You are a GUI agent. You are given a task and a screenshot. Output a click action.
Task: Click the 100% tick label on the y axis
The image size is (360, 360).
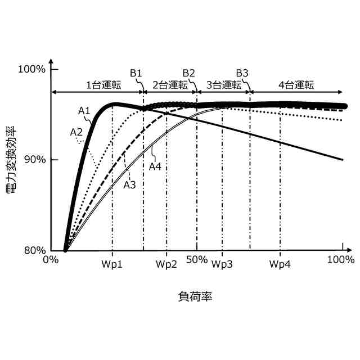click(x=31, y=69)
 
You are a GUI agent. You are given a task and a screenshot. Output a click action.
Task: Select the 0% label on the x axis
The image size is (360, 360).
click(x=51, y=260)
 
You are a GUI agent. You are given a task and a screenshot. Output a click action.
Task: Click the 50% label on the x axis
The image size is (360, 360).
click(x=196, y=260)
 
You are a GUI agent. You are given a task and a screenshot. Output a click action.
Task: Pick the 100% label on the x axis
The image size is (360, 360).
click(x=340, y=260)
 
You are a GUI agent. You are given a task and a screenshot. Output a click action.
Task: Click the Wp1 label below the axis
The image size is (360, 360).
click(x=112, y=263)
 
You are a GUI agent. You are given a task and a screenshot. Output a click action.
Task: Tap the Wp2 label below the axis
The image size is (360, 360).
click(x=166, y=263)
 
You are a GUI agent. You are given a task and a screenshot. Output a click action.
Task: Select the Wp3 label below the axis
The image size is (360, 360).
click(x=222, y=263)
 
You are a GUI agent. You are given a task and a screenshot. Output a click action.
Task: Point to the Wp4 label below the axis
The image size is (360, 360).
click(x=280, y=263)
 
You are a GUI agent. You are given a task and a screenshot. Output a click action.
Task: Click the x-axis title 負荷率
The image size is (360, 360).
click(x=195, y=295)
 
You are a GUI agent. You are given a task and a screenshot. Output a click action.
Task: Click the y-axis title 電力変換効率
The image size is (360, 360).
click(x=11, y=160)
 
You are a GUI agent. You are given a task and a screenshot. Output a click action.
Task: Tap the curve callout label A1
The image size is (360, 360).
click(x=84, y=111)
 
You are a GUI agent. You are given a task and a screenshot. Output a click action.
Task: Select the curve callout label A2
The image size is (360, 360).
click(x=76, y=132)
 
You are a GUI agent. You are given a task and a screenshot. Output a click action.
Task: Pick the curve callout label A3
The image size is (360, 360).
click(x=130, y=184)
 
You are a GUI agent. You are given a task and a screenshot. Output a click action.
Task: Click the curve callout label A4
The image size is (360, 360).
click(x=156, y=166)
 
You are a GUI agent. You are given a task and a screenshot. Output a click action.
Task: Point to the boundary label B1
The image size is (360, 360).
click(x=136, y=73)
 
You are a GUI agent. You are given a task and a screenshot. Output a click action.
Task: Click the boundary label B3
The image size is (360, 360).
click(x=242, y=73)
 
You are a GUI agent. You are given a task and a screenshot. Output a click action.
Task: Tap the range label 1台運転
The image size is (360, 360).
click(x=103, y=85)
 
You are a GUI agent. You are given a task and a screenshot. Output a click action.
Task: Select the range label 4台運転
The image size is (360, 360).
click(x=296, y=85)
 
